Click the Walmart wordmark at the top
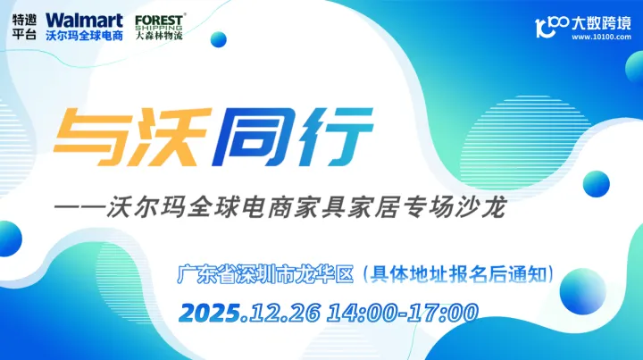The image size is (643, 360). tap(84, 19)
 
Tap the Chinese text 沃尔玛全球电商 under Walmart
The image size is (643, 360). tap(84, 36)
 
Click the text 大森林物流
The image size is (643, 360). tap(160, 37)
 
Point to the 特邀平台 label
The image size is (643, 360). tap(25, 28)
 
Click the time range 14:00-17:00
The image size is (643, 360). tap(403, 313)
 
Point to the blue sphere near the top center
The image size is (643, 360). tap(217, 38)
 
